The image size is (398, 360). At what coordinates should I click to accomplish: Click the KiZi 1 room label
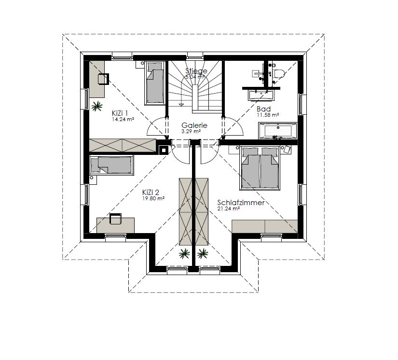[120, 113]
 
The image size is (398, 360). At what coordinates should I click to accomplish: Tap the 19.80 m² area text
[153, 198]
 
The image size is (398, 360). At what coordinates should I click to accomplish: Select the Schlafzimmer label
[241, 203]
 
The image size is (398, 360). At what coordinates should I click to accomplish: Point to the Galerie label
[194, 125]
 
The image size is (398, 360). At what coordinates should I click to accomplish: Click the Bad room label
[263, 109]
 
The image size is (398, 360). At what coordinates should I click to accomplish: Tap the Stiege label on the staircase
[196, 70]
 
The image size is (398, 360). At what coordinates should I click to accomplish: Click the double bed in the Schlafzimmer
[260, 168]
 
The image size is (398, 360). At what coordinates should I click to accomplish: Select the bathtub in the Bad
[278, 131]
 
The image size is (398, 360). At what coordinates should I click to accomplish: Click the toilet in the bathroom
[278, 74]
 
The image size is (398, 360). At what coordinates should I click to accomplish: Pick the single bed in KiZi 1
[154, 83]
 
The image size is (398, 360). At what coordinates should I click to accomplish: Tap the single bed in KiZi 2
[111, 165]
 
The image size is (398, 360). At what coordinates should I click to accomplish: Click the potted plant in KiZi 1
[96, 106]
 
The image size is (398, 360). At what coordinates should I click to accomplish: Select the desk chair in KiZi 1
[103, 79]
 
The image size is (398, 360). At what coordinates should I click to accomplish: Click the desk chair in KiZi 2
[115, 219]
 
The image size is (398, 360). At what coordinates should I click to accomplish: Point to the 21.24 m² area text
[229, 208]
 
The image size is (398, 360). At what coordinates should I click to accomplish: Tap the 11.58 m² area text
[268, 115]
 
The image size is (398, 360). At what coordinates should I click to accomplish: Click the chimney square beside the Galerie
[164, 150]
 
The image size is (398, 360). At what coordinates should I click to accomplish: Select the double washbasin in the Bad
[261, 95]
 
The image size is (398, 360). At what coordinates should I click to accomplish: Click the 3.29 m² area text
[191, 131]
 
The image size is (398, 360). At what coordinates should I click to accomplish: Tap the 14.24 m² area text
[123, 119]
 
